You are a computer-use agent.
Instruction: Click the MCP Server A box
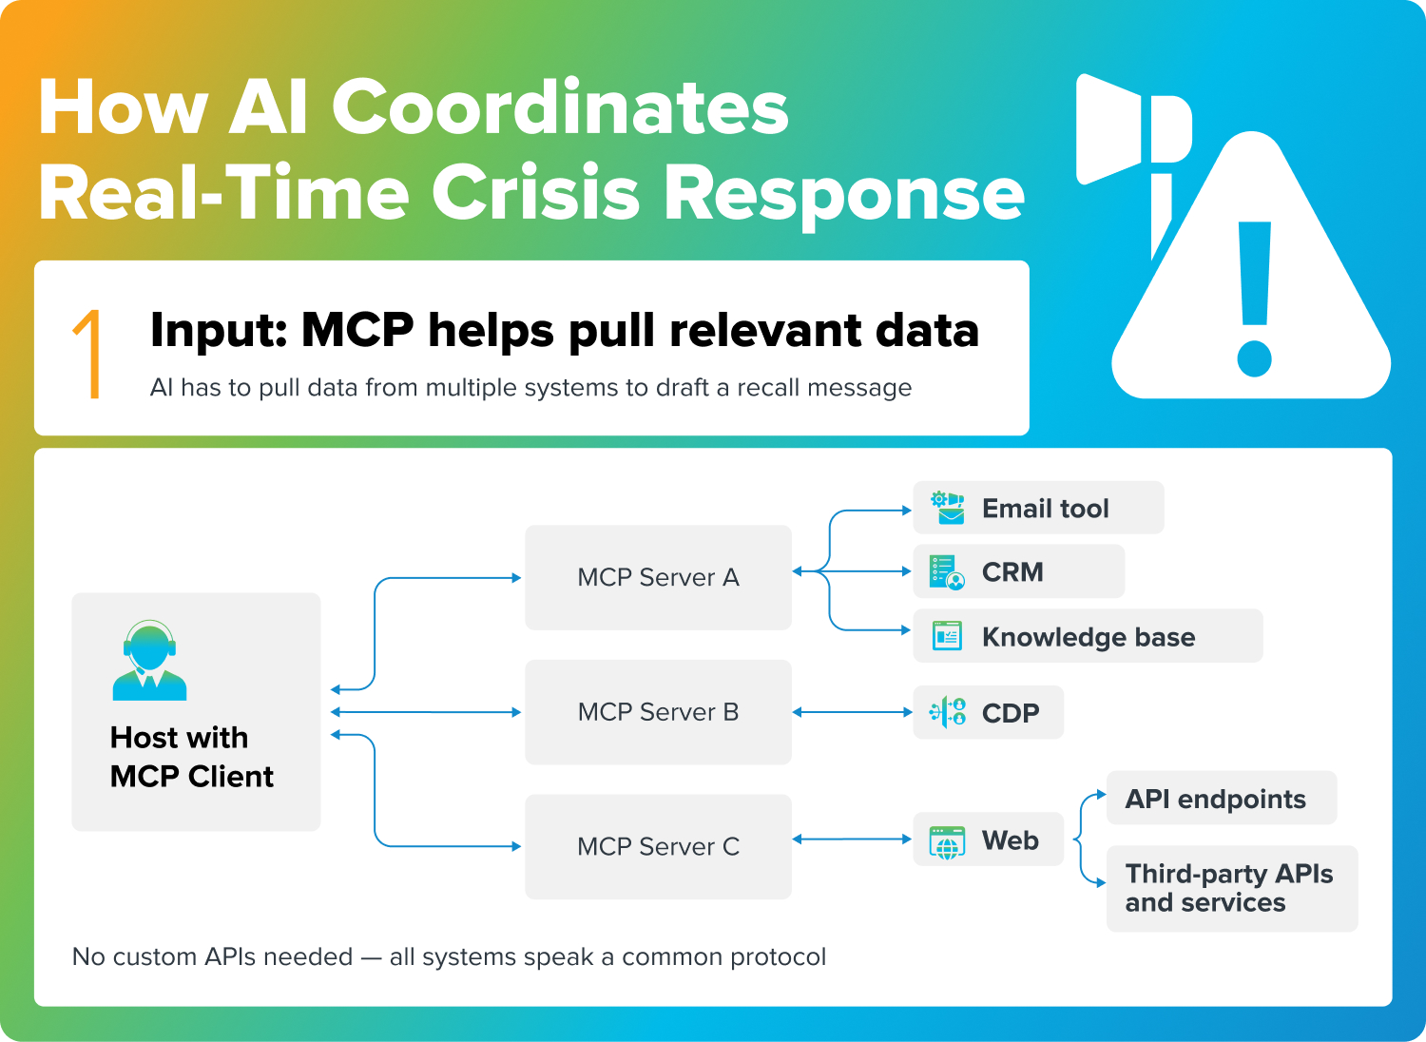[658, 577]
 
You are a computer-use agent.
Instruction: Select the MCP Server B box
[658, 712]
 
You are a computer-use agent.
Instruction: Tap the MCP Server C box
[658, 846]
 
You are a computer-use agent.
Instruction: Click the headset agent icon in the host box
[149, 661]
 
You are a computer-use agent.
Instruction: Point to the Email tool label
[1045, 509]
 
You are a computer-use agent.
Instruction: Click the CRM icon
[946, 572]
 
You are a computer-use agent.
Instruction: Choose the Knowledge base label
[1088, 637]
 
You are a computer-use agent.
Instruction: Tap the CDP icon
[947, 712]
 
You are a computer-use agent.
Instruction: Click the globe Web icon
[947, 841]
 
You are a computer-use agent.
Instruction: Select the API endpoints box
[1221, 799]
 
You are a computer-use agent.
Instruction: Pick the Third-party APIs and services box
[1231, 888]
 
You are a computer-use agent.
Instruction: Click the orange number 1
[89, 354]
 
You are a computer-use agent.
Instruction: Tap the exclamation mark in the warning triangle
[1255, 299]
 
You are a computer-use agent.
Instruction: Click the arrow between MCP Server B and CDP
[852, 712]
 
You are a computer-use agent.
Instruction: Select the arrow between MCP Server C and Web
[852, 839]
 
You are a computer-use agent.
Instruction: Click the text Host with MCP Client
[191, 757]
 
